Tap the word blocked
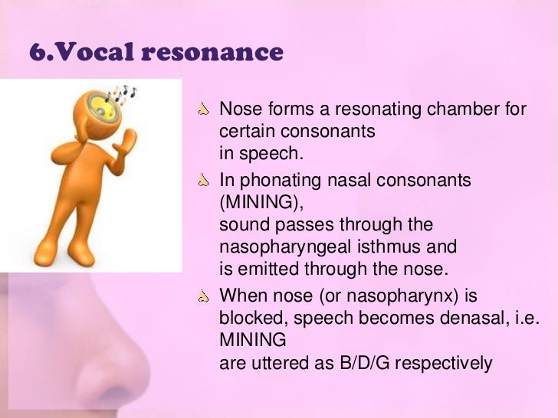249,317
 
